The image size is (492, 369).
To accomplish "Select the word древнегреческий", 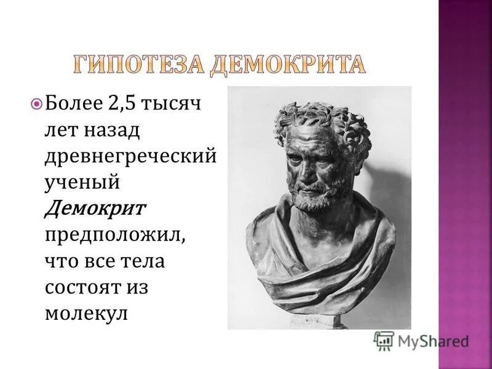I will click(130, 156).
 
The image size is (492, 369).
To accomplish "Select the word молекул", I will click(85, 313).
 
